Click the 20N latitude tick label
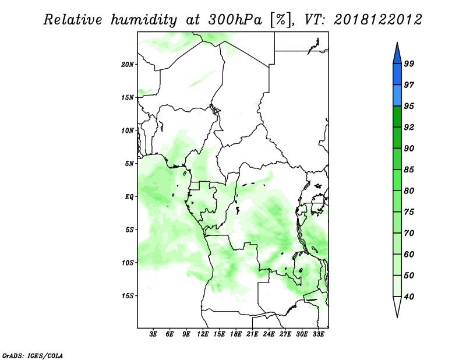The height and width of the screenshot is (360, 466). (x=128, y=65)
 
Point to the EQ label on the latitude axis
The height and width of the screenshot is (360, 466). (x=129, y=197)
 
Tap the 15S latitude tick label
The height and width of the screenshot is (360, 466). (x=128, y=296)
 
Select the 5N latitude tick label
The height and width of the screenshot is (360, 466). (x=129, y=164)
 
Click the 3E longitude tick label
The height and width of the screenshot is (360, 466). (x=153, y=334)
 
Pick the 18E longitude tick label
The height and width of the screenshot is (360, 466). (x=236, y=334)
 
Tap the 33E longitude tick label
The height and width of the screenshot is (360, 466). (x=318, y=334)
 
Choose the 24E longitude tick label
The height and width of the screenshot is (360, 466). (x=269, y=334)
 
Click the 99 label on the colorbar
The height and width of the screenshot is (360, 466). (x=409, y=63)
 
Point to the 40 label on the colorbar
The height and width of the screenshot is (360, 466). (x=409, y=297)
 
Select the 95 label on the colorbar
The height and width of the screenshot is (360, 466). (x=409, y=106)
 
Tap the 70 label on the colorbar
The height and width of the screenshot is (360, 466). (x=409, y=233)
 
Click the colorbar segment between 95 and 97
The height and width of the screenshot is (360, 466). (x=397, y=96)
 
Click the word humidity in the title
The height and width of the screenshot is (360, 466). (x=144, y=20)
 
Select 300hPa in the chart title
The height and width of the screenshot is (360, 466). (x=235, y=20)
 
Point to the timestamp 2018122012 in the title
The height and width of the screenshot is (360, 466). (x=377, y=20)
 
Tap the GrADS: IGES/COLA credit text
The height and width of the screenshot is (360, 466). (x=33, y=355)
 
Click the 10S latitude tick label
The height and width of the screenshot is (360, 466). (x=128, y=263)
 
